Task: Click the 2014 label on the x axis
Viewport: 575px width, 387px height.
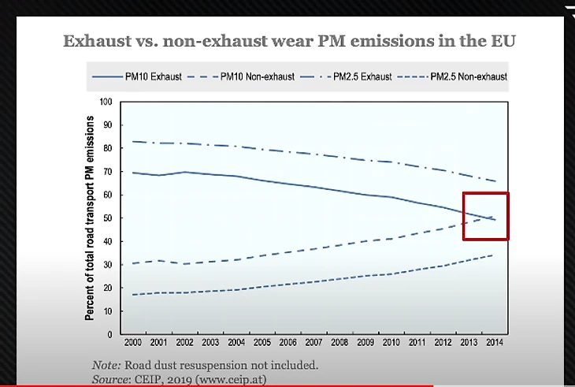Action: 494,344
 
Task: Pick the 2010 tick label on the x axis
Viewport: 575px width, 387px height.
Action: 390,344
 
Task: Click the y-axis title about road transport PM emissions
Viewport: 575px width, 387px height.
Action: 91,218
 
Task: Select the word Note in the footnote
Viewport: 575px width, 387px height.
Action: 105,365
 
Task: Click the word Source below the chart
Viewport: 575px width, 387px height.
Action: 111,379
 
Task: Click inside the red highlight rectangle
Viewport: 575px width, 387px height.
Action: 485,215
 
